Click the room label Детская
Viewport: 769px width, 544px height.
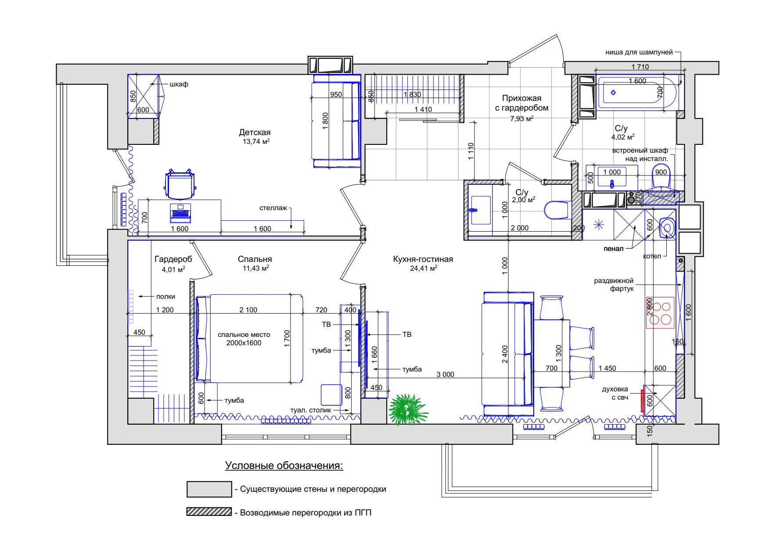[x=255, y=132]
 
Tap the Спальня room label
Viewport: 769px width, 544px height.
[x=255, y=259]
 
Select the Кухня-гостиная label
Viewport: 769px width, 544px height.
[x=423, y=259]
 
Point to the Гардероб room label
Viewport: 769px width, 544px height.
[x=173, y=260]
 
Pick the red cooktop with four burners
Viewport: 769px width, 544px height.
[x=660, y=313]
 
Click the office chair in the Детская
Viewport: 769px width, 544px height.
[x=180, y=184]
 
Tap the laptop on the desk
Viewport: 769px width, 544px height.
[x=180, y=211]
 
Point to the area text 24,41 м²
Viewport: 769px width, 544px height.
[x=424, y=268]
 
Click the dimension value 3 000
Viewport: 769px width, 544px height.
[x=445, y=375]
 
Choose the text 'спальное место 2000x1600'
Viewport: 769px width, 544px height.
[x=244, y=339]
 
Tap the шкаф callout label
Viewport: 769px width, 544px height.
[x=179, y=84]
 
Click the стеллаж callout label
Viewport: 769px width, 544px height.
[x=273, y=208]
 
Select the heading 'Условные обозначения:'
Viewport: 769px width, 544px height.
[x=284, y=465]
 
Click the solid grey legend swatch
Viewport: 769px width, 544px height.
[x=209, y=489]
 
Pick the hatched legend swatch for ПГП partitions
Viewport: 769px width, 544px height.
[x=209, y=512]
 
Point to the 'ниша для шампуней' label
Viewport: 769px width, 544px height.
[x=639, y=52]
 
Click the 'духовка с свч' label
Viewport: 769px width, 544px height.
[x=615, y=393]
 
